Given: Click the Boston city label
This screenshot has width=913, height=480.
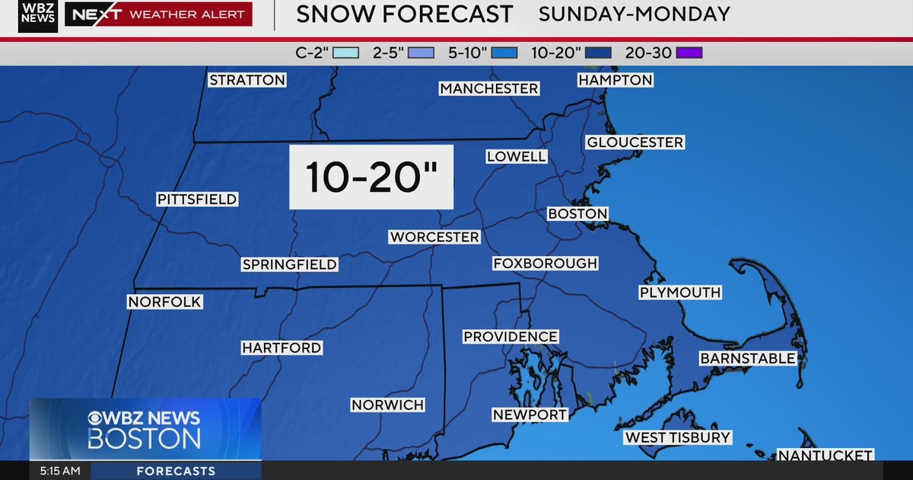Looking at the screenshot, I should tap(577, 214).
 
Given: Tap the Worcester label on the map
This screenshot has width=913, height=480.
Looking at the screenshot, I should tap(434, 237).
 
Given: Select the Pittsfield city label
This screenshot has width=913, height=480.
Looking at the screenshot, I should tap(197, 199).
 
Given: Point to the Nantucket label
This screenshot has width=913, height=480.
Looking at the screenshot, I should tap(825, 456).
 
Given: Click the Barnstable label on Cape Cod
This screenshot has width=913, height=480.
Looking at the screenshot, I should tap(748, 358).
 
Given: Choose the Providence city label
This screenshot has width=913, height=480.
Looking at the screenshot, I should tap(511, 337).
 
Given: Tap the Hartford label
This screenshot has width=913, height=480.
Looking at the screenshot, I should tap(282, 347).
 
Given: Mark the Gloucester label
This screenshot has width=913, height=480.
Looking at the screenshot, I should tap(635, 142).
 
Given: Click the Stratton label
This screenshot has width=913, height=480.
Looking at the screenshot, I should tap(247, 80).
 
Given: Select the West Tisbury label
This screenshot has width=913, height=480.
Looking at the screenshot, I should tap(677, 437).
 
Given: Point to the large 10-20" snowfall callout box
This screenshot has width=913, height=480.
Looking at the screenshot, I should tap(371, 177).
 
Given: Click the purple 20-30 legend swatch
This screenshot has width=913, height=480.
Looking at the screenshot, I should tap(689, 53).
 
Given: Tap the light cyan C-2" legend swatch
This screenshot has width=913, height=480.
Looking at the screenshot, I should tap(345, 53).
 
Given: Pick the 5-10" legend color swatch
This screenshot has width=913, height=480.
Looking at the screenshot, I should tap(504, 53).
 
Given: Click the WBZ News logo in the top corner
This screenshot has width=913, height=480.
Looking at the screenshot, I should tap(37, 15).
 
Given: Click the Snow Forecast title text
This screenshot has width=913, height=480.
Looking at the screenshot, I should tap(404, 14).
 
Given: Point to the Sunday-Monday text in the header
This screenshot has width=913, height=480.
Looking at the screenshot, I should tap(634, 14).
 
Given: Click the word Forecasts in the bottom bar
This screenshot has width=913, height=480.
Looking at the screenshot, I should tap(176, 471).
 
